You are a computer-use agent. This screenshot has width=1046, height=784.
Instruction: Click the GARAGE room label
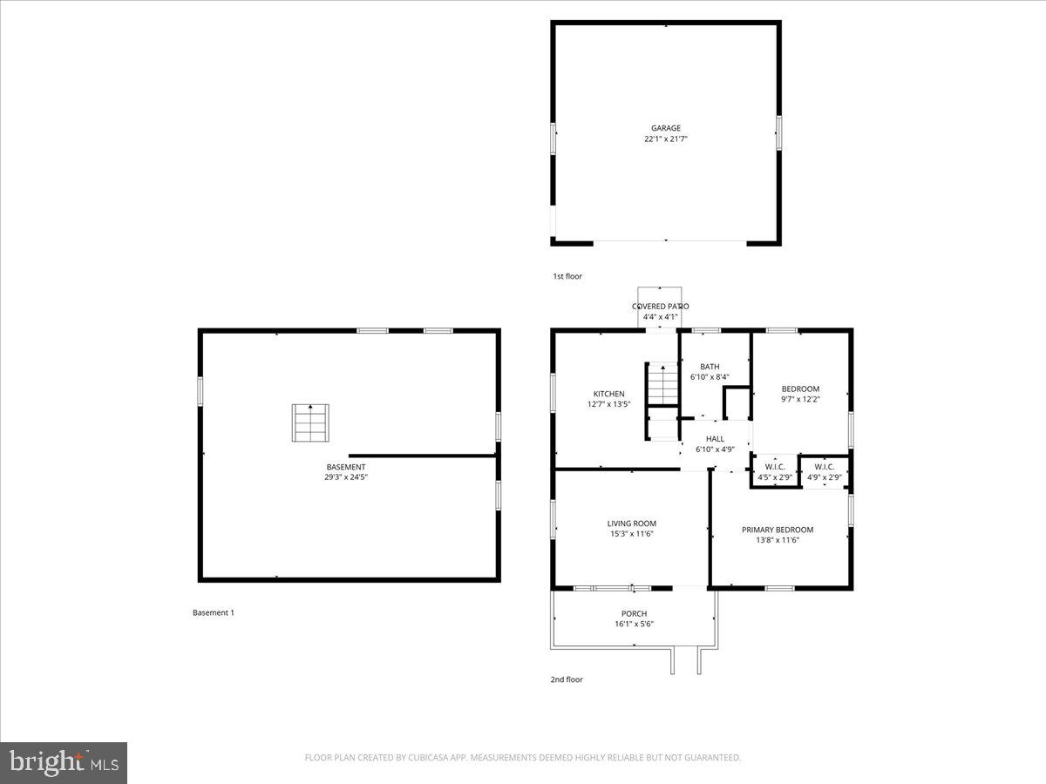(666, 128)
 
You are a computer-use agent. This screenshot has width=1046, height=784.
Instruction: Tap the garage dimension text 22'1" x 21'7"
(666, 139)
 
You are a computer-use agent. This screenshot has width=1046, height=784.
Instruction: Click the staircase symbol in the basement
(310, 423)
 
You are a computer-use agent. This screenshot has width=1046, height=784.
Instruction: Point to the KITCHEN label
(608, 394)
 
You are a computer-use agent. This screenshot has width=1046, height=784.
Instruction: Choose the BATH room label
(709, 367)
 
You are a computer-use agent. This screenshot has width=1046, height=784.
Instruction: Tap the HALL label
(715, 439)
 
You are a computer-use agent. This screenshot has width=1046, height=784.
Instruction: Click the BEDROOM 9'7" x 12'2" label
(799, 389)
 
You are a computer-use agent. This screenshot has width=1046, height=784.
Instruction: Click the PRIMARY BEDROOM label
(777, 530)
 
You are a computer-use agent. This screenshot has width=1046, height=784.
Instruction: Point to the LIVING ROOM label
(631, 524)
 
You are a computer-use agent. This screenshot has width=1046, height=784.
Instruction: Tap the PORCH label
(634, 613)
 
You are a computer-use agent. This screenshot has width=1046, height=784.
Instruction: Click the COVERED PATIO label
(660, 307)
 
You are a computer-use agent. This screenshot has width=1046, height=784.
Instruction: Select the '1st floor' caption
(567, 276)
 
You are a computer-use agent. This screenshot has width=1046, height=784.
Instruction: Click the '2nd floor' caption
(567, 679)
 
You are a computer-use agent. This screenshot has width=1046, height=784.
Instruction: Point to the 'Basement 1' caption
(213, 612)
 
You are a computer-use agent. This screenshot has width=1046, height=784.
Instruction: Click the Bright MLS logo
(64, 762)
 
